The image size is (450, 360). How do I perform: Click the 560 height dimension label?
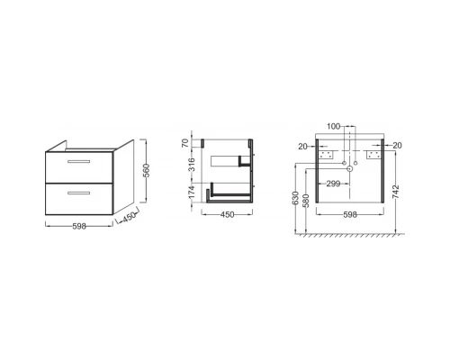(x=147, y=171)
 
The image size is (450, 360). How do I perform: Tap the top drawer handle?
(x=79, y=161)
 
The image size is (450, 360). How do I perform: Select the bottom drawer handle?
(x=79, y=193)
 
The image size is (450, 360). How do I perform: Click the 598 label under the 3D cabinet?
(x=79, y=226)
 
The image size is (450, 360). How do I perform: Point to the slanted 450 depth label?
(x=130, y=217)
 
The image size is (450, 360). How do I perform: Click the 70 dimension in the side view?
(x=185, y=143)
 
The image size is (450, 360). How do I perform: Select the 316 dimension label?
(x=192, y=165)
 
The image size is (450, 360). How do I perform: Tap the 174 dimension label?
(x=192, y=193)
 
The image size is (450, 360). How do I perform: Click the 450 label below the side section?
(x=227, y=215)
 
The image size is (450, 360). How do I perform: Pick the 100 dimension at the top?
(x=333, y=126)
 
